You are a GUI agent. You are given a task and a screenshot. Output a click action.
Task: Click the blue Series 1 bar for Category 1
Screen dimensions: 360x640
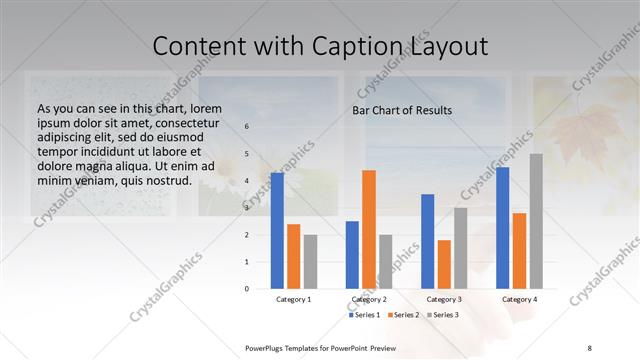tap(277, 231)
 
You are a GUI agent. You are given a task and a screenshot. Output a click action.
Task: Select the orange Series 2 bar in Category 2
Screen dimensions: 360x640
tap(369, 229)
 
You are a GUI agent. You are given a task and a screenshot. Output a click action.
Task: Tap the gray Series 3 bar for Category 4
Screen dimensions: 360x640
tap(536, 221)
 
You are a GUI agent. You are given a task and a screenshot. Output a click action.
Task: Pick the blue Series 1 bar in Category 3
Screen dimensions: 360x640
tap(428, 241)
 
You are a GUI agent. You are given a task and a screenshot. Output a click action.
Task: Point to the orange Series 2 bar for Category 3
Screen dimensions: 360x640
tap(444, 264)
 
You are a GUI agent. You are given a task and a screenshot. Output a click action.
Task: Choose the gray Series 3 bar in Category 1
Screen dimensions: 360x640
tap(310, 261)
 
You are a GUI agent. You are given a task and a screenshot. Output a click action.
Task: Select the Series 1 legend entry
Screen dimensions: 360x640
tap(364, 315)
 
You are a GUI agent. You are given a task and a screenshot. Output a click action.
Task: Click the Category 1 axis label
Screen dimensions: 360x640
tap(294, 299)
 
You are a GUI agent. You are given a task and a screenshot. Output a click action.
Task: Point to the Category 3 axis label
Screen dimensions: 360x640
tap(444, 299)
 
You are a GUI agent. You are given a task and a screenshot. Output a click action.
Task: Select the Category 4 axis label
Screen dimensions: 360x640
tap(519, 299)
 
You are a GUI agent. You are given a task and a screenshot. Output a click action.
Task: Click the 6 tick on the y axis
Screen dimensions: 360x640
tap(246, 127)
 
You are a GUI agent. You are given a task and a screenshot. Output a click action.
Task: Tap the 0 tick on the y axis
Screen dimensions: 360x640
tap(246, 288)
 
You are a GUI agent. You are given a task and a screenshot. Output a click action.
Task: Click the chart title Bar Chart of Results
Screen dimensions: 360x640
tap(402, 110)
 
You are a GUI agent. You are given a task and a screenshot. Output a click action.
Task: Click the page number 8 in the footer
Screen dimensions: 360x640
tap(589, 347)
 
